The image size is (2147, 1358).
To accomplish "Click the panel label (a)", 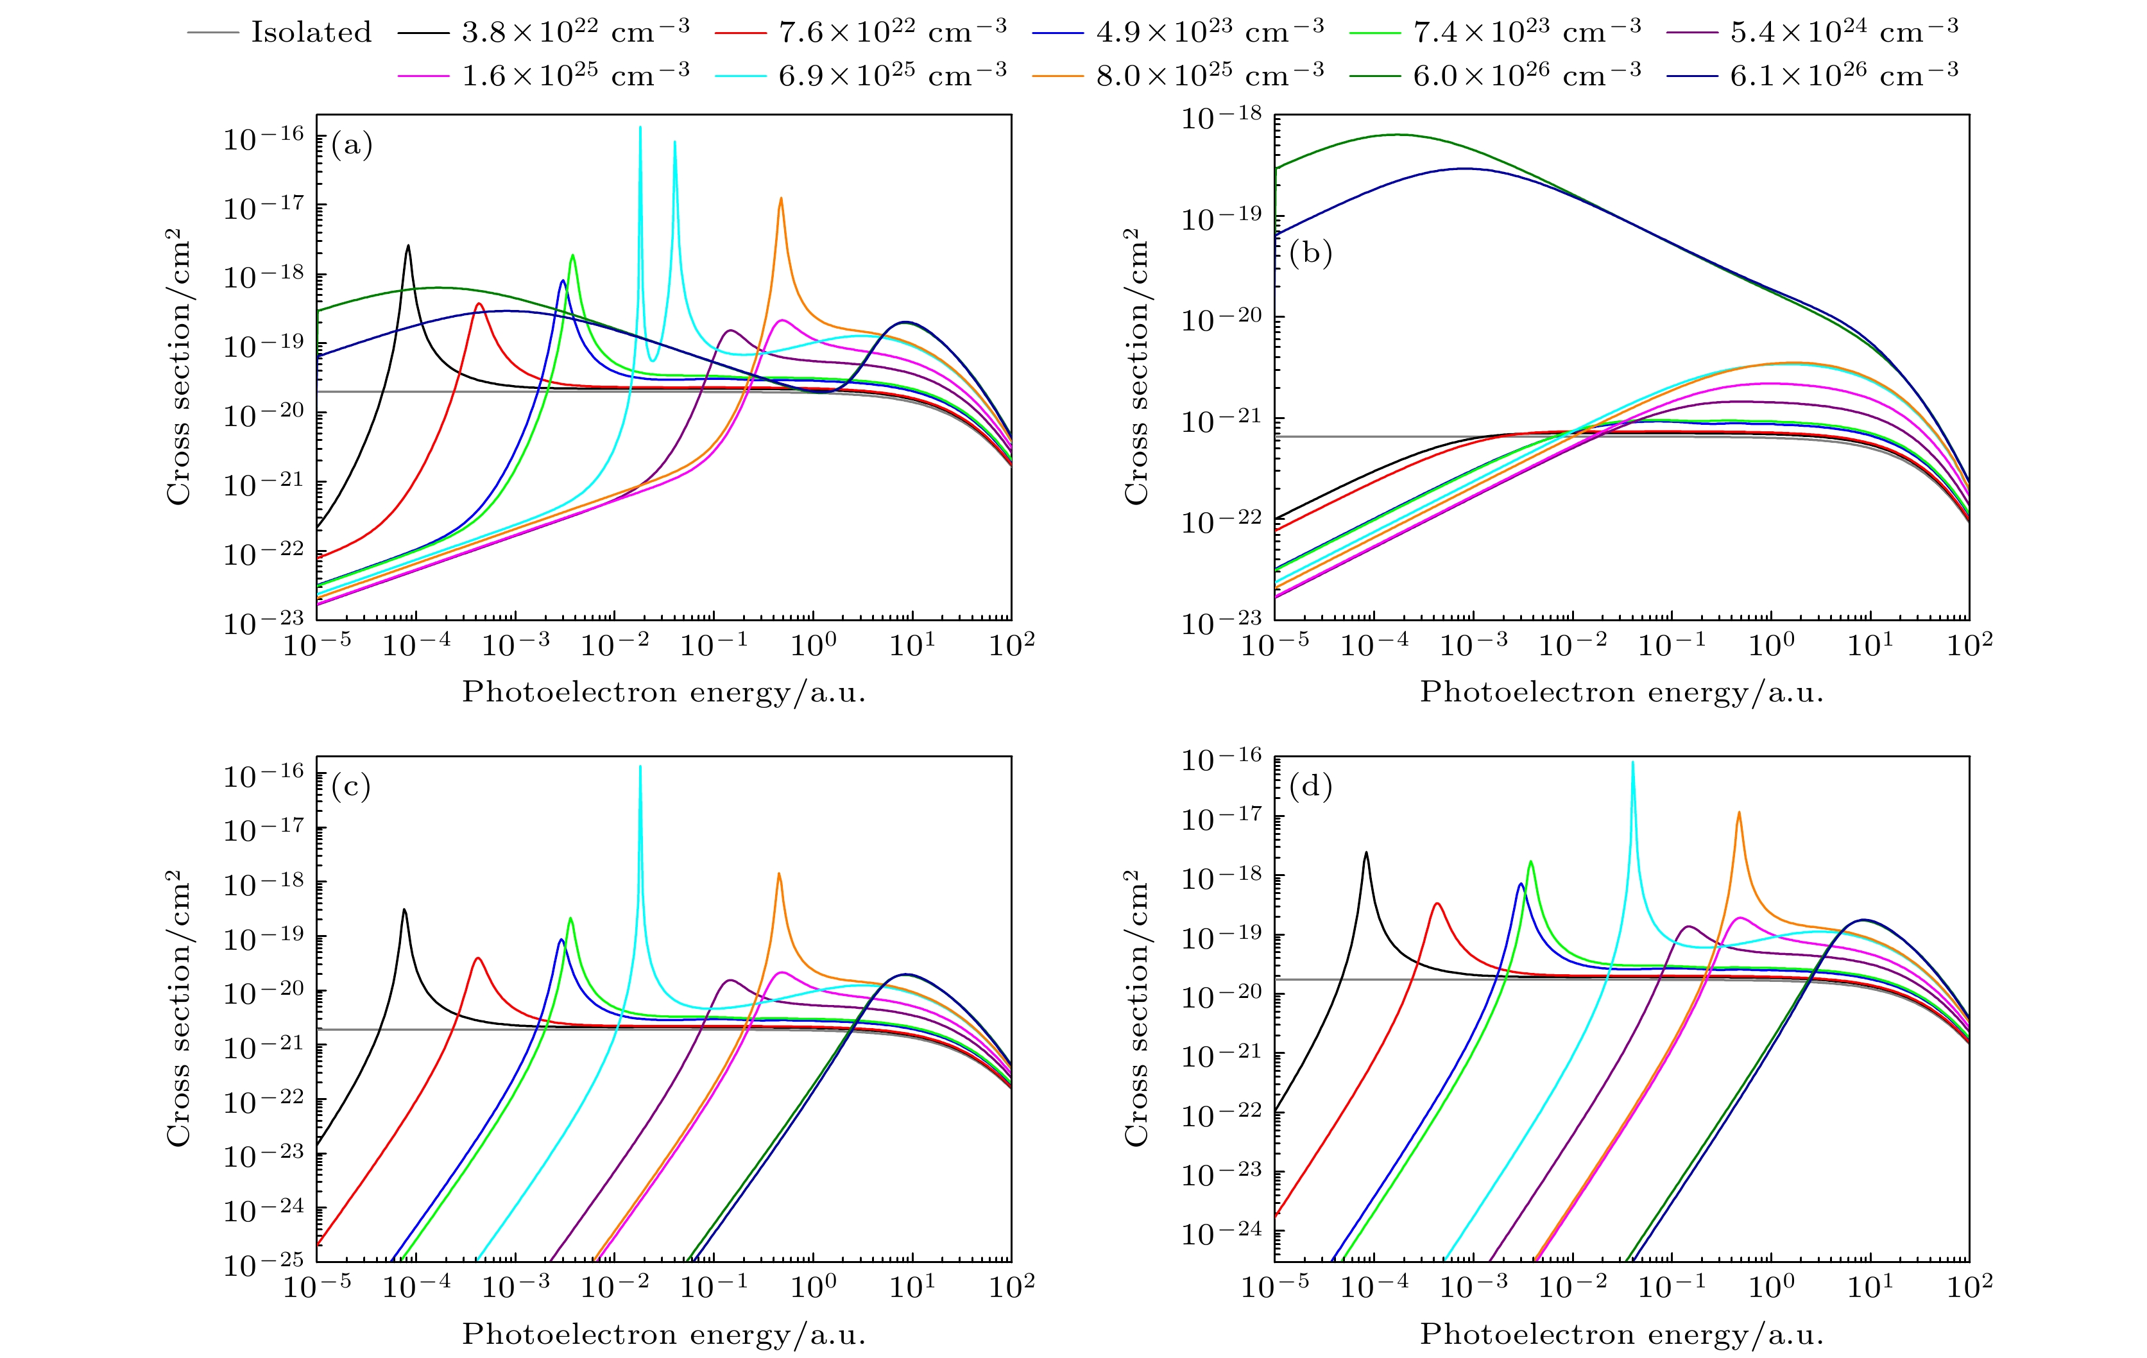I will pyautogui.click(x=351, y=144).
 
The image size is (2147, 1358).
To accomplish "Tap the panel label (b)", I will pyautogui.click(x=1310, y=254).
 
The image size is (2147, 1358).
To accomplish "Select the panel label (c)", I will pyautogui.click(x=351, y=786).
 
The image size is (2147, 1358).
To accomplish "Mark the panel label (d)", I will pyautogui.click(x=1310, y=786).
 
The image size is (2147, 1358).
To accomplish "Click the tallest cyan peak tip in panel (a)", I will pyautogui.click(x=640, y=128).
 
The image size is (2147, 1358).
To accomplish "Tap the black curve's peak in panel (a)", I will pyautogui.click(x=408, y=246).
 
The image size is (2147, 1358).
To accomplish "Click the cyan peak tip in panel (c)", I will pyautogui.click(x=640, y=766).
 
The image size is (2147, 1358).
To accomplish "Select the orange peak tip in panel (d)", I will pyautogui.click(x=1739, y=812).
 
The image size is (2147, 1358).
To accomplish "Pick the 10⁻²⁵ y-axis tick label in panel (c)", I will pyautogui.click(x=263, y=1264).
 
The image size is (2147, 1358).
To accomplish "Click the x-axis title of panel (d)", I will pyautogui.click(x=1621, y=1335).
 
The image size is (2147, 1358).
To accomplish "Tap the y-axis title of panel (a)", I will pyautogui.click(x=179, y=367).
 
